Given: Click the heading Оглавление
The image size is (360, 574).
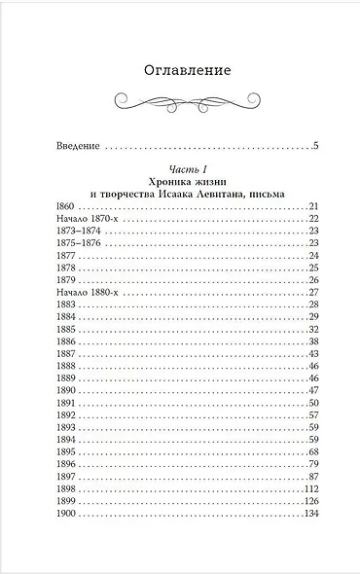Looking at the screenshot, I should (179, 70).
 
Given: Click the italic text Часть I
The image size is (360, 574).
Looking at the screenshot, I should (180, 168).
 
